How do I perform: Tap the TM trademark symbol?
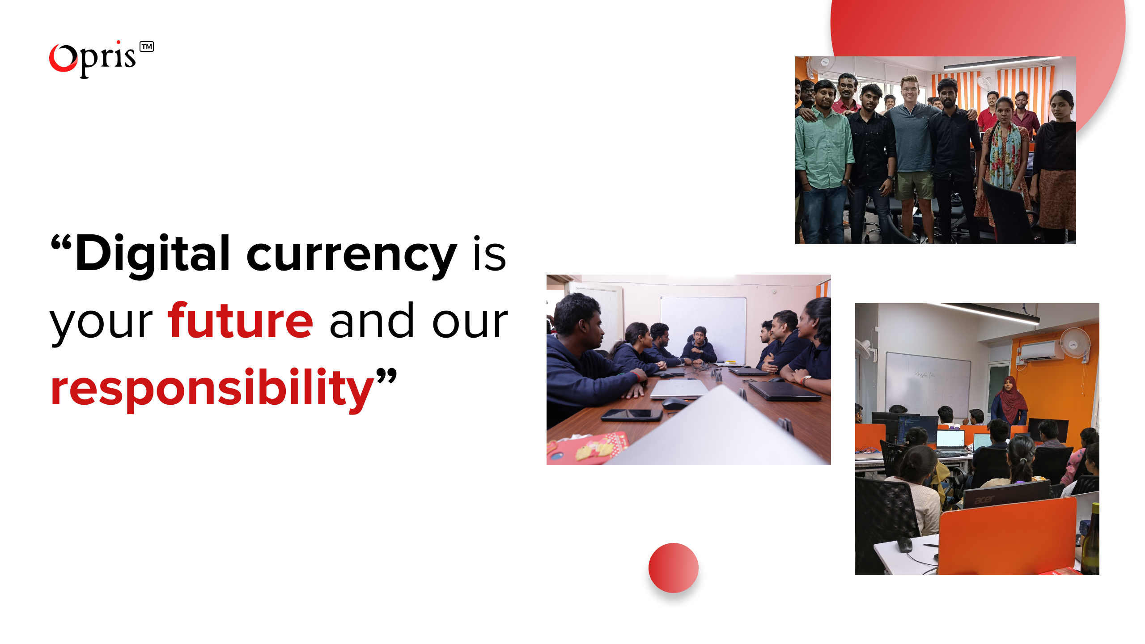click(x=147, y=47)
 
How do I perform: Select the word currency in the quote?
click(x=352, y=255)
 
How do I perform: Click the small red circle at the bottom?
click(x=673, y=568)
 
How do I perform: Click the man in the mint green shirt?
click(x=824, y=148)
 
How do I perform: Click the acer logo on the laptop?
click(x=984, y=499)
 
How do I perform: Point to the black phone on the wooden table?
click(x=632, y=415)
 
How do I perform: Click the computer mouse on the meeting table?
click(x=674, y=403)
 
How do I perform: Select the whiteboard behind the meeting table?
click(x=704, y=326)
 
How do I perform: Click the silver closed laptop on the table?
click(x=679, y=389)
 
